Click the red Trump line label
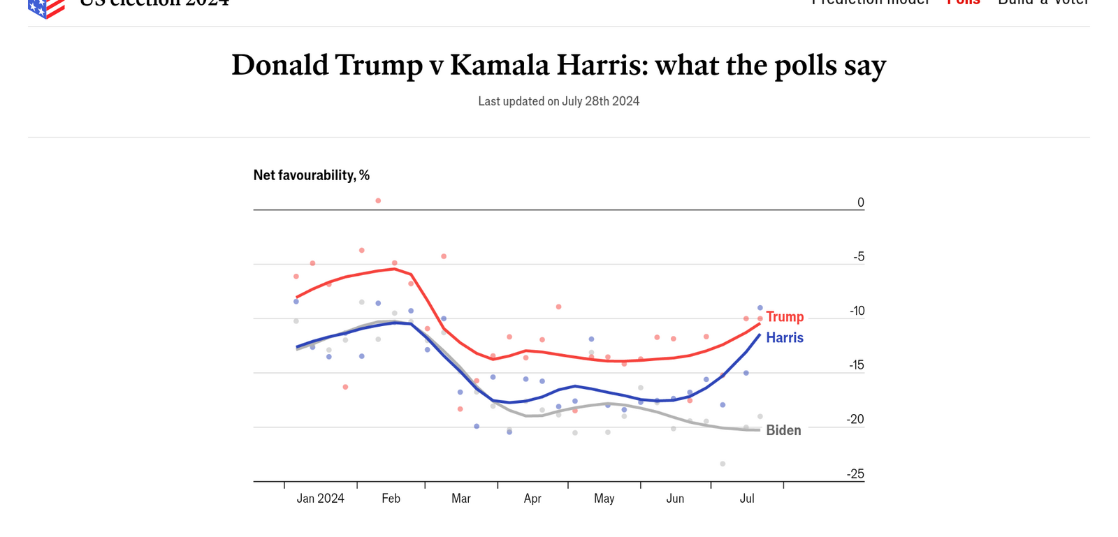[785, 317]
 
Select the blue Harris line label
[784, 338]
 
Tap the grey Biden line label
[783, 431]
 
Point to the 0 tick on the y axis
[861, 203]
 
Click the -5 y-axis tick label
[859, 257]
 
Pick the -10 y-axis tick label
[857, 311]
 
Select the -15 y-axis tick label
[857, 365]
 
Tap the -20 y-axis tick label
[855, 420]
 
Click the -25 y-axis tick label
[855, 474]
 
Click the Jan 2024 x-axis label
[320, 499]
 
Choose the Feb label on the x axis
[391, 499]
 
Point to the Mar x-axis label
[461, 499]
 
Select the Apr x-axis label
[532, 499]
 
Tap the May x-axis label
[604, 499]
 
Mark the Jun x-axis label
[675, 499]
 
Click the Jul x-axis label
[747, 499]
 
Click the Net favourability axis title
[312, 175]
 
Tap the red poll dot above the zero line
[378, 201]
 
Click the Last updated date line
[558, 101]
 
